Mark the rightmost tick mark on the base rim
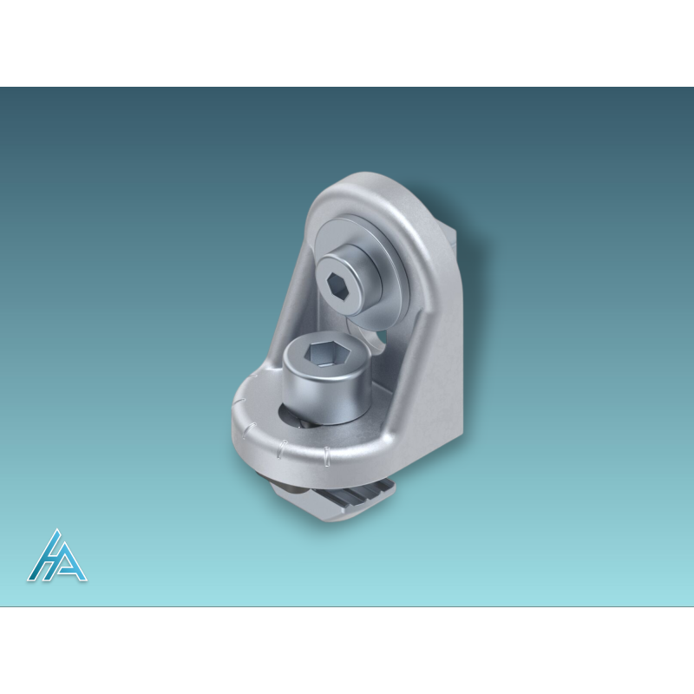pyautogui.click(x=327, y=454)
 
